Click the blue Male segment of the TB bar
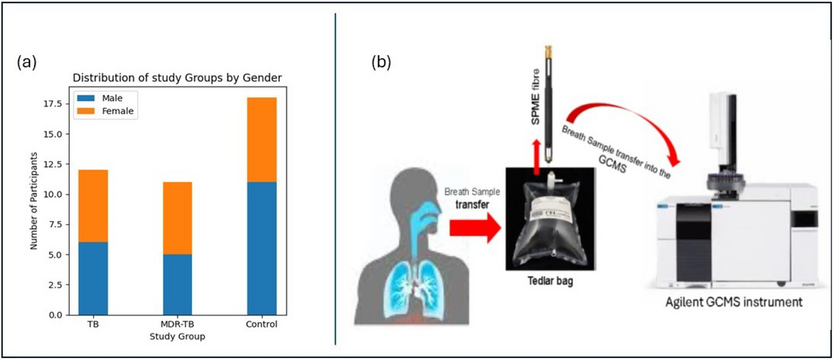(x=93, y=278)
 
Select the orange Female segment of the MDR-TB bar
(x=177, y=218)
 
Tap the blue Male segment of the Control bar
(x=262, y=248)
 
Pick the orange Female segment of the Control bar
(x=262, y=139)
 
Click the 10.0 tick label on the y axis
(x=53, y=194)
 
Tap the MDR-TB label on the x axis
(x=177, y=324)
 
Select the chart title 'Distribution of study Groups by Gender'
(x=177, y=78)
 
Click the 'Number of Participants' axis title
(x=33, y=200)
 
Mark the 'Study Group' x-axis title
(x=177, y=336)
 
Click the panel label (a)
(x=27, y=62)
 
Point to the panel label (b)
(x=381, y=62)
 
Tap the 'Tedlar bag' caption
(x=550, y=281)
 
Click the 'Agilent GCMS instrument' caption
(x=733, y=302)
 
